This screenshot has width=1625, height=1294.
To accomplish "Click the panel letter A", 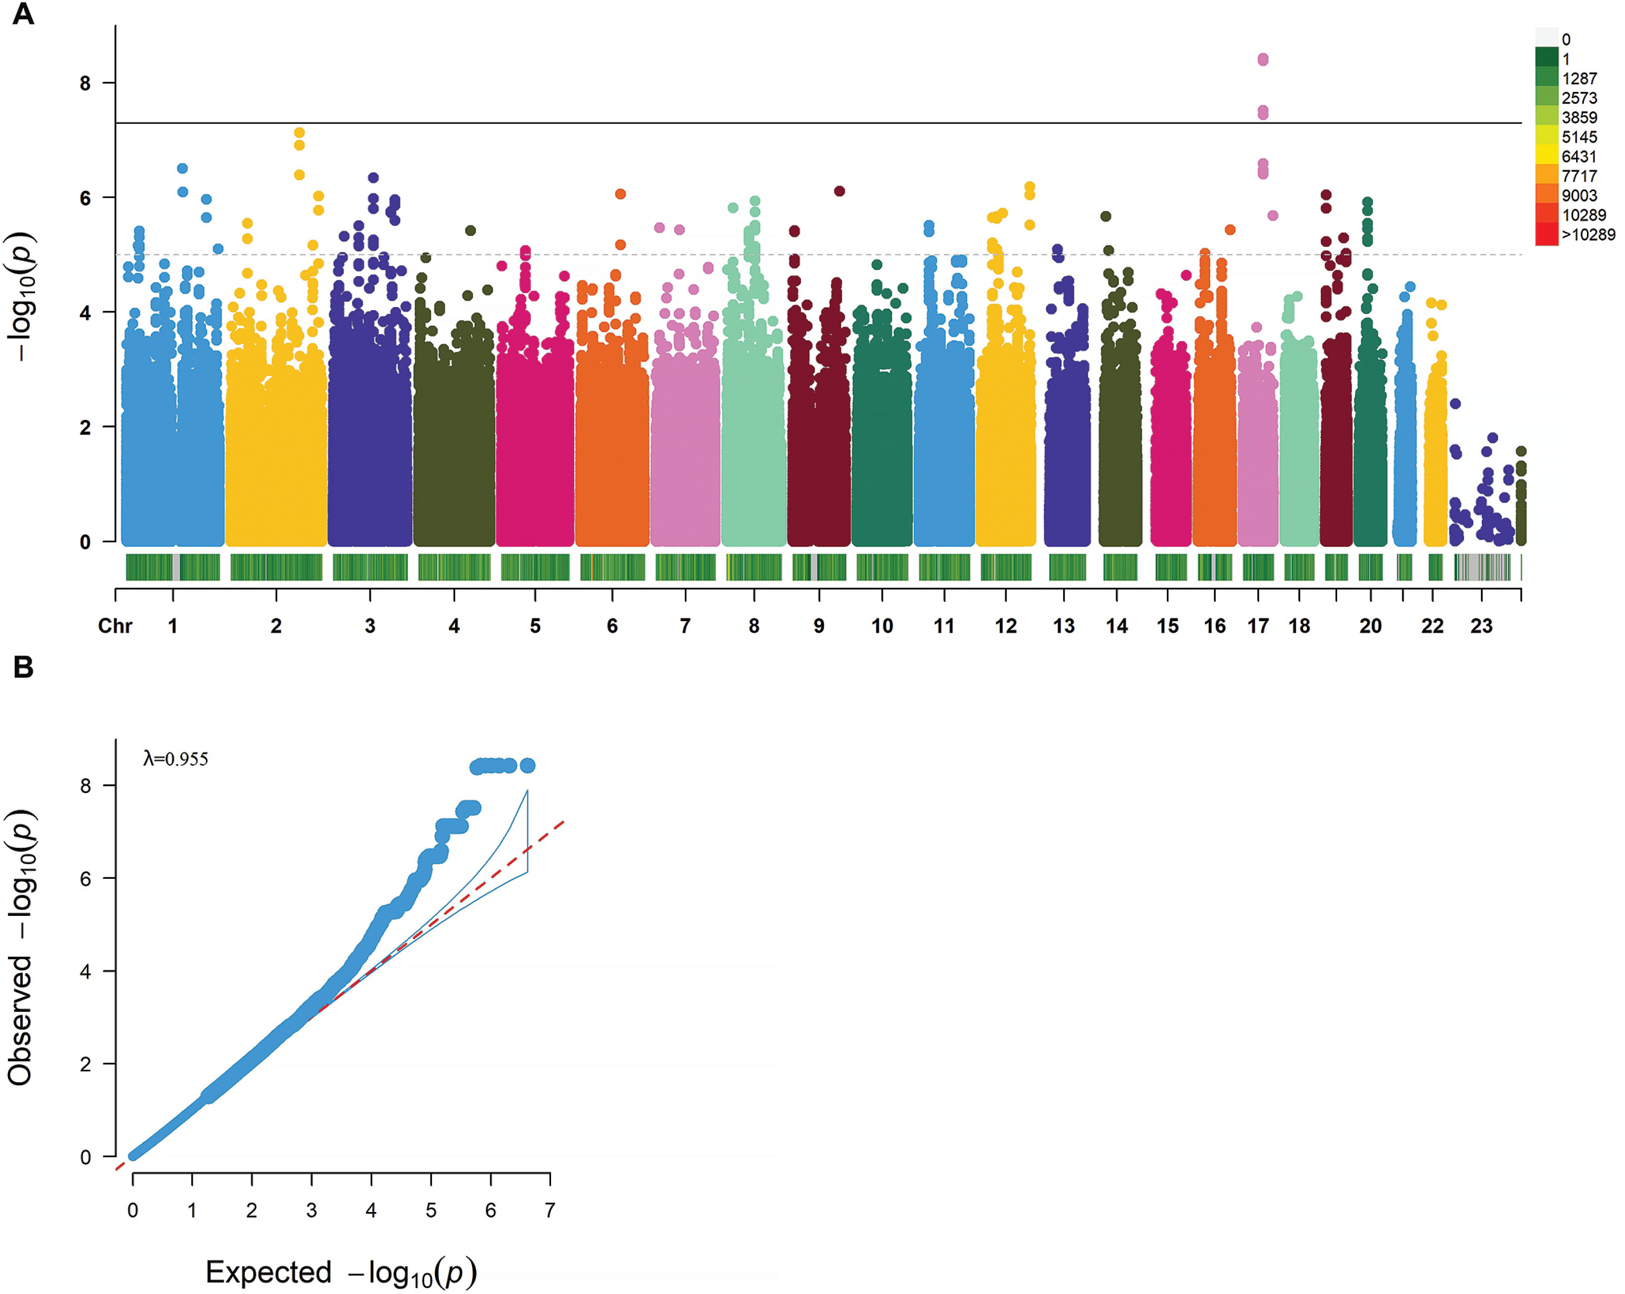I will pos(23,14).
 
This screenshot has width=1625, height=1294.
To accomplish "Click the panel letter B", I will pos(23,667).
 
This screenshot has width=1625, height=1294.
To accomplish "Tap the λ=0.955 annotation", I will pos(176,759).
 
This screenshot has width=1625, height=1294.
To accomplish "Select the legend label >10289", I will pos(1588,235).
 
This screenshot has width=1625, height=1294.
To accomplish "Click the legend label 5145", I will pos(1579,137).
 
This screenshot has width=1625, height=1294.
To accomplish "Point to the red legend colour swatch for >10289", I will pos(1546,235).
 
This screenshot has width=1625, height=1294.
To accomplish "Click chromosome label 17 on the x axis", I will pos(1258,627).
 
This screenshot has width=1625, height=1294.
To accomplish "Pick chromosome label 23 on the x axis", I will pos(1481,627).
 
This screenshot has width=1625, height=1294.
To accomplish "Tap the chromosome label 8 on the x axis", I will pos(753,627).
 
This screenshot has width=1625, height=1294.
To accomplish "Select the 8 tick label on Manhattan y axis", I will pos(85,83).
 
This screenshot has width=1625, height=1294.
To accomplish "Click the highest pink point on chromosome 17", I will pos(1263,59).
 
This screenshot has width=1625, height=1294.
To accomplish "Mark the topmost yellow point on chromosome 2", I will pos(299,133).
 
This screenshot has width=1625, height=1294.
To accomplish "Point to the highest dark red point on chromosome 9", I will pos(839,191).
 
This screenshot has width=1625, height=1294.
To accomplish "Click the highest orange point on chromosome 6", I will pos(620,194).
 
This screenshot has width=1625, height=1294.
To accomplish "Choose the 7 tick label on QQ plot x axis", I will pos(550,1211).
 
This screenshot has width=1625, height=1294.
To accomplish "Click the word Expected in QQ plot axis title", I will pos(268,1272).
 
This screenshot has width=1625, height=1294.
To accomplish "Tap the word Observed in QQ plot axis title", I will pos(20,1020).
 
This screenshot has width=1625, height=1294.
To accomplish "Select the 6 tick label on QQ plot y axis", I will pos(85,879).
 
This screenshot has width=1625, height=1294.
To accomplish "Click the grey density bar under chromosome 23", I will pos(1482,567).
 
